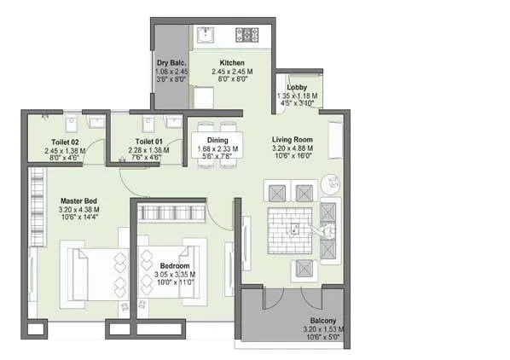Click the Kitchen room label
(x=231, y=63)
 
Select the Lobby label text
(x=297, y=88)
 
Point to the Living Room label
(x=293, y=140)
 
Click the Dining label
(x=217, y=140)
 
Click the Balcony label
(x=323, y=321)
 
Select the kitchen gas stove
(x=247, y=36)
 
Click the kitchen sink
(x=206, y=36)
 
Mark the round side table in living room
(x=332, y=183)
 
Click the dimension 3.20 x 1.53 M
(x=323, y=329)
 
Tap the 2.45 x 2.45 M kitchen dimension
(x=231, y=72)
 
